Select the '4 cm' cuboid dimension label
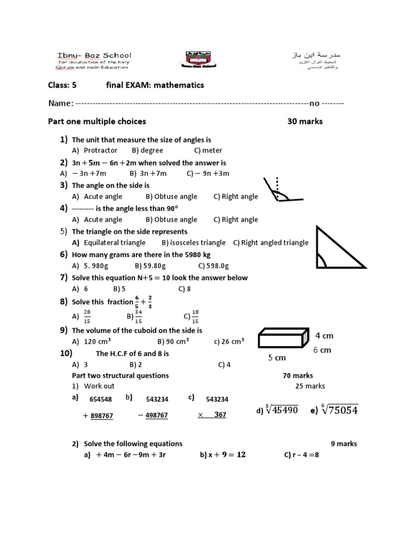324,336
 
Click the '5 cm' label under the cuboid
277,359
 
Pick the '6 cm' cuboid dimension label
322,350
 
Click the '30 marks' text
305,122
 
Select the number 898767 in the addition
101,416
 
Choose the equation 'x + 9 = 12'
223,455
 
